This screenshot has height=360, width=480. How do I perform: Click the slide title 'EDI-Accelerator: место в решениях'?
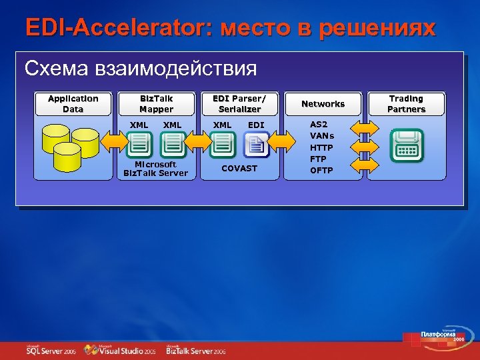point(230,28)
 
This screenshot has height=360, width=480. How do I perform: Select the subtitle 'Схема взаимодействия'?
point(140,68)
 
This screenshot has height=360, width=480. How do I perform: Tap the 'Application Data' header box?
point(73,104)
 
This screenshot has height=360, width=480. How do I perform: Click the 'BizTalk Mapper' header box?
point(156,104)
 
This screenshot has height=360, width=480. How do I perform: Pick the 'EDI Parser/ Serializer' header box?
point(239,104)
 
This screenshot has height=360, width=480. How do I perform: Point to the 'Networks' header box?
point(323,104)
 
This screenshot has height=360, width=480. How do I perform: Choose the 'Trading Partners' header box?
point(406,104)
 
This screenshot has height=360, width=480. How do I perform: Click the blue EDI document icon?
point(256,144)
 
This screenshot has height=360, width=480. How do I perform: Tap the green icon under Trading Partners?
point(406,144)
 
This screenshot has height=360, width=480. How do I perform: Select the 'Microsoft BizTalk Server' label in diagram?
point(156,169)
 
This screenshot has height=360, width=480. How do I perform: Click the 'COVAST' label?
point(239,169)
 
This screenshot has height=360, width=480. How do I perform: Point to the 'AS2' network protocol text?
point(319,125)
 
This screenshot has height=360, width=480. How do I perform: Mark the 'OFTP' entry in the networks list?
point(322,171)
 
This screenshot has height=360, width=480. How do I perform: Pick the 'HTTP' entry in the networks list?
point(321,147)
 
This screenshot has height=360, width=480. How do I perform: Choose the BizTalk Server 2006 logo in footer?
point(196,349)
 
